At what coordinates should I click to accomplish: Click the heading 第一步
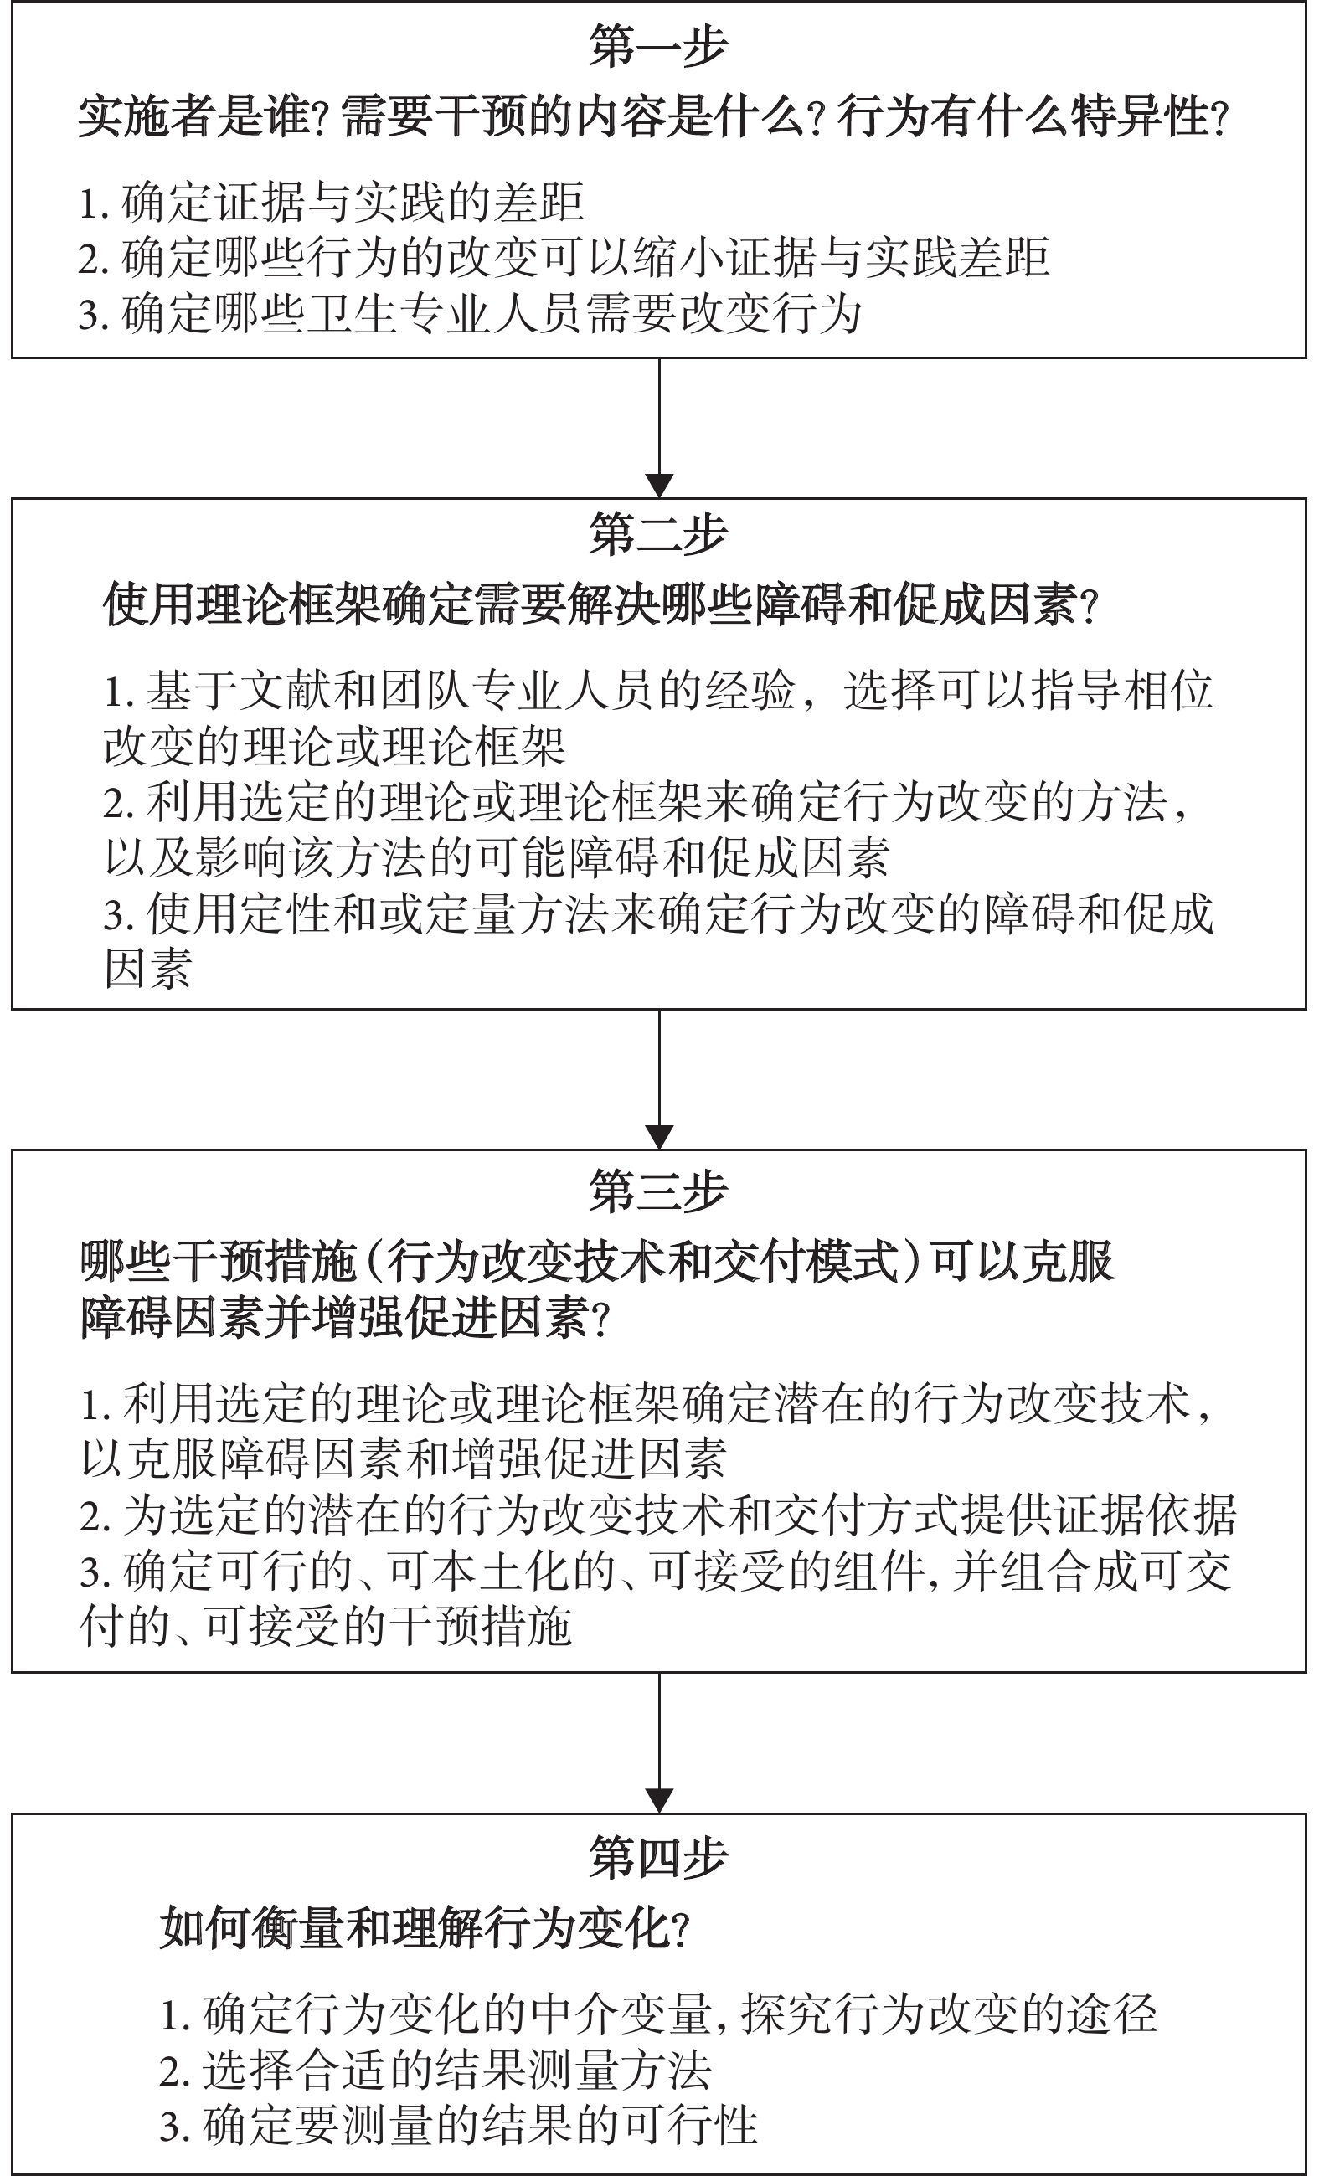point(658,46)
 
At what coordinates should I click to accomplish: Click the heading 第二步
point(658,534)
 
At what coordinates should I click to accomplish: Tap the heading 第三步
point(658,1191)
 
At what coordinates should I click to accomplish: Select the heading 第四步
point(658,1858)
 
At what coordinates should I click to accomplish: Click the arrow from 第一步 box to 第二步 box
point(659,429)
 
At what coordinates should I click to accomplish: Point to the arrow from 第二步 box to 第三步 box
point(659,1079)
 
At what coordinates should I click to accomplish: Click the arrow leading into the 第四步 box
point(659,1743)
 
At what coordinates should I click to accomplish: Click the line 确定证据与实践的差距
point(332,203)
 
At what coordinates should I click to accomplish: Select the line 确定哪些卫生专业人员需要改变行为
point(470,313)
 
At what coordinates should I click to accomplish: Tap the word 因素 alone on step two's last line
point(147,969)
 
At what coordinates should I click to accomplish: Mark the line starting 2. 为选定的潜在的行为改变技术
point(658,1515)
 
